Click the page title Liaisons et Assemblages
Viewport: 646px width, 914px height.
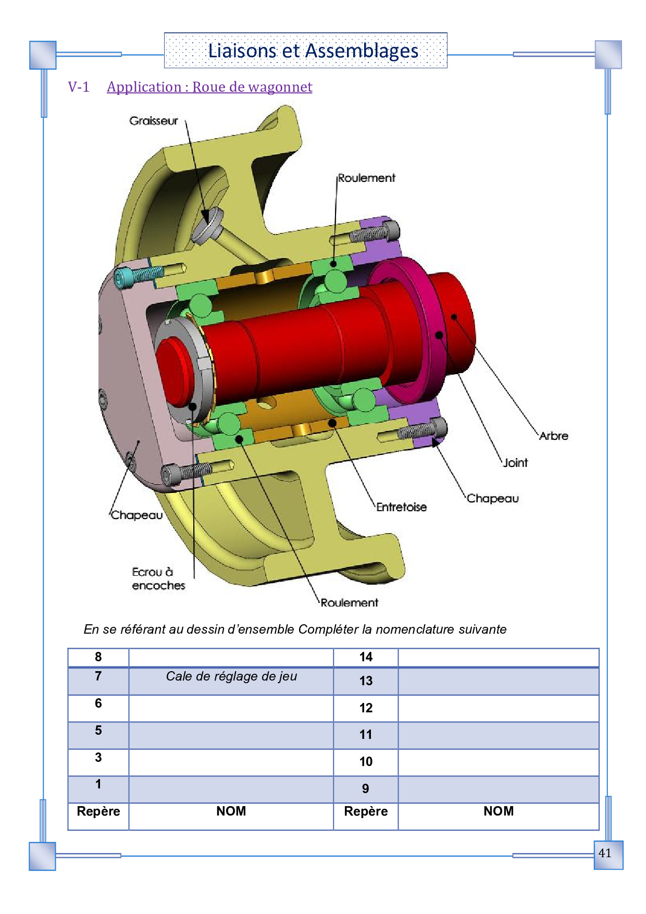point(313,51)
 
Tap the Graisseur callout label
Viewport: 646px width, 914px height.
point(154,121)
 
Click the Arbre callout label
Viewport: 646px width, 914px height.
point(553,436)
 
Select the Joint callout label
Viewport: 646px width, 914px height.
point(515,463)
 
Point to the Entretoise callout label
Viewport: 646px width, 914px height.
point(402,507)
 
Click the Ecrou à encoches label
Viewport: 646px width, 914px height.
point(158,579)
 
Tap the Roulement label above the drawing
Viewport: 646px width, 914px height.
point(366,178)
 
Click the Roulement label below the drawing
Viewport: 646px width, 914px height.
point(349,603)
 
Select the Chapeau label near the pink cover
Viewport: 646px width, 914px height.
point(137,515)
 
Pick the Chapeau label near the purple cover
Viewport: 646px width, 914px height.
point(493,499)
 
